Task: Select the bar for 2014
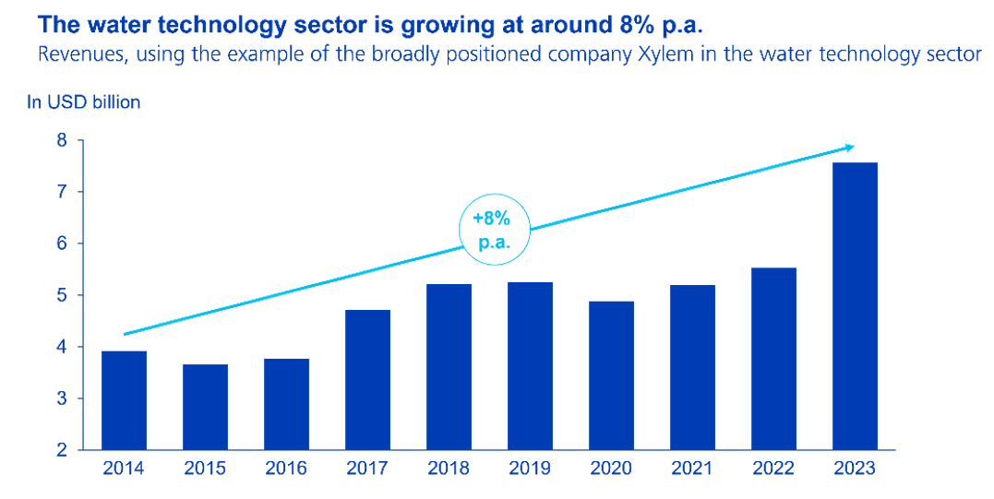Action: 124,400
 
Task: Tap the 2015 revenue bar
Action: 205,407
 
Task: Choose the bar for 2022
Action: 773,359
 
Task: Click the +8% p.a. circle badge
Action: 497,230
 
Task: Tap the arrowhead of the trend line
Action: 849,147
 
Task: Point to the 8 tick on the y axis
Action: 62,141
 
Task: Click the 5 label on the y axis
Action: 62,296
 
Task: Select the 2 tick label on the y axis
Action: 62,450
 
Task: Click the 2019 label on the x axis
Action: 530,469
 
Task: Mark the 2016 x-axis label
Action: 286,469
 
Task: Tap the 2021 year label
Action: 692,469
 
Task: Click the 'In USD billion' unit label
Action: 84,102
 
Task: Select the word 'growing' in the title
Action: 469,22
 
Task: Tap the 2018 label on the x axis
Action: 449,469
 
